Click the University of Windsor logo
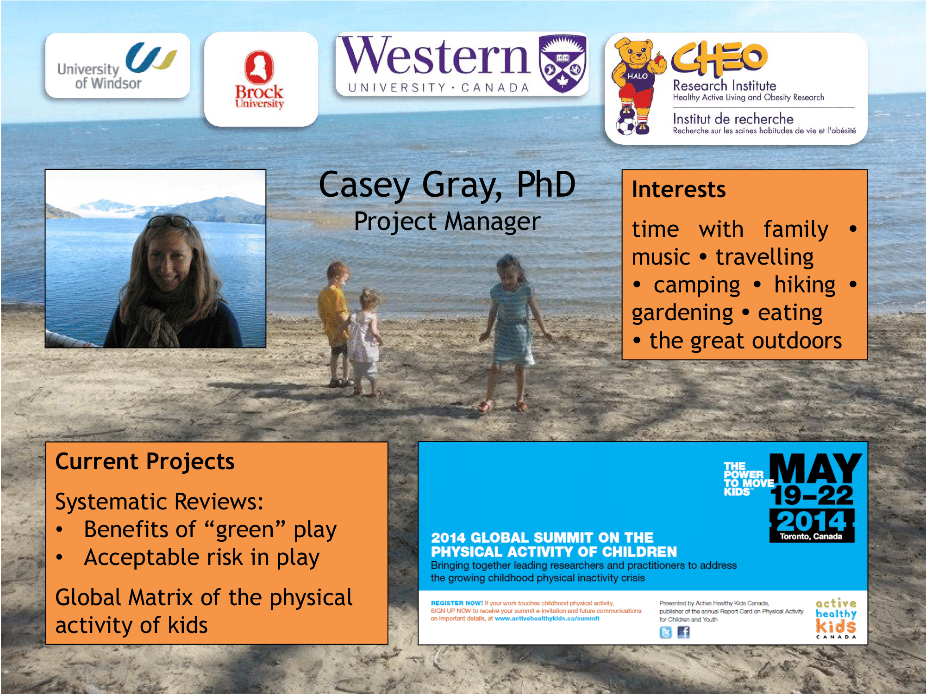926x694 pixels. click(x=117, y=66)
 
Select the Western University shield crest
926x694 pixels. click(x=563, y=63)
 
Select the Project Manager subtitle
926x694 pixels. click(x=447, y=222)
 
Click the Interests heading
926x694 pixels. click(x=679, y=189)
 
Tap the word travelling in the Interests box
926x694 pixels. click(x=764, y=258)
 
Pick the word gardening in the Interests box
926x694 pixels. click(x=682, y=314)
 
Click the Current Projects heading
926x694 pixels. click(x=145, y=462)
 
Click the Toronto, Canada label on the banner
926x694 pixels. click(x=811, y=537)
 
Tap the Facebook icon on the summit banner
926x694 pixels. click(x=683, y=632)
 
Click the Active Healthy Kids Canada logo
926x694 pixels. click(x=836, y=618)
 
